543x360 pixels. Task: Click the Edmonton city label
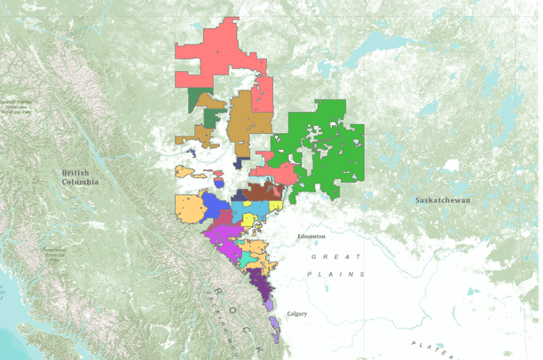click(311, 237)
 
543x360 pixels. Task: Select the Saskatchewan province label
click(443, 200)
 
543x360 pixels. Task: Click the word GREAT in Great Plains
click(335, 256)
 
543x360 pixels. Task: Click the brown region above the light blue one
click(262, 192)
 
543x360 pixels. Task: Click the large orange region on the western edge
click(190, 210)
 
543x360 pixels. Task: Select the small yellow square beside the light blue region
click(276, 207)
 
